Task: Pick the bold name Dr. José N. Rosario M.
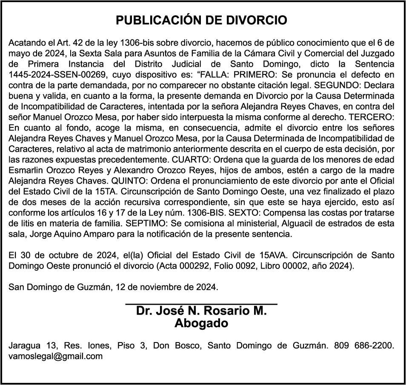pos(201,311)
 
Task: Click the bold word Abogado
pos(201,323)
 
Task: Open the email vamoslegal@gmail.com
pos(56,356)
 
